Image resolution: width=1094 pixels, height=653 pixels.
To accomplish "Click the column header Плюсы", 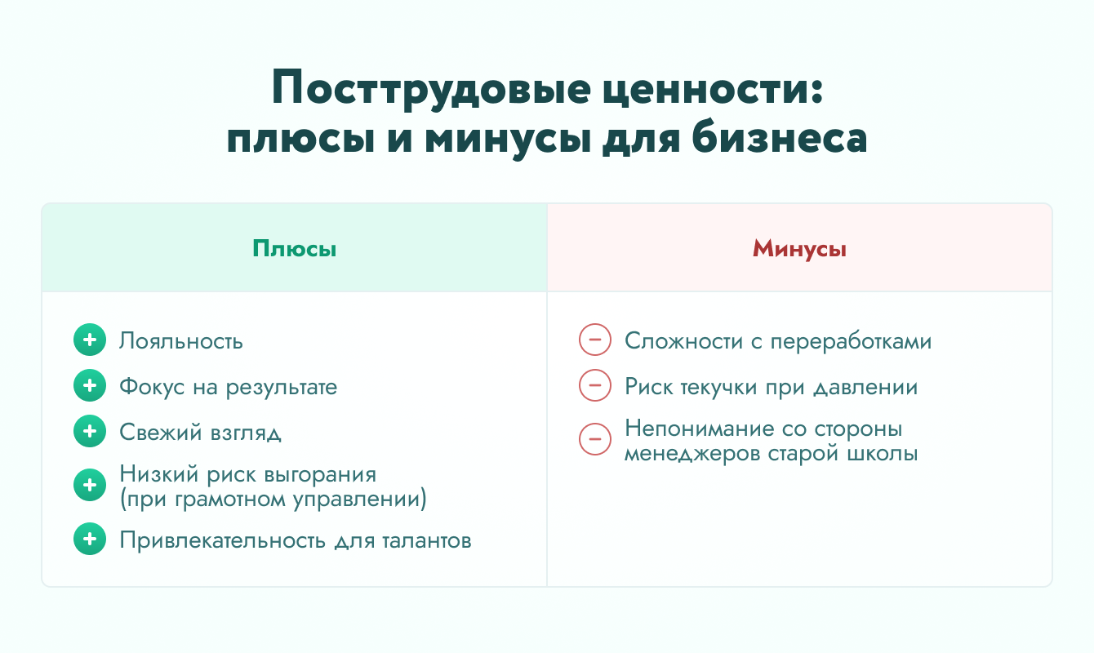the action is point(295,249).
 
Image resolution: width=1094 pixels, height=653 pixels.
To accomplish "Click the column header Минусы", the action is point(799,249).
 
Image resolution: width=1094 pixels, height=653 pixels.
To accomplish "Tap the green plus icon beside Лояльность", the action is point(90,340).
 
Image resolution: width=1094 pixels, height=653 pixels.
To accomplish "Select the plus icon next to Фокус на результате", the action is point(90,385).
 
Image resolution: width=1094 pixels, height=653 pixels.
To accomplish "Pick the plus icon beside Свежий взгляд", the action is point(90,431).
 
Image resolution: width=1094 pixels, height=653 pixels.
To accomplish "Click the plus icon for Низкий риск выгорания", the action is point(90,485).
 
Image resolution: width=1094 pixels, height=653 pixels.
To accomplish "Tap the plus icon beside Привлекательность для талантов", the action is point(90,539).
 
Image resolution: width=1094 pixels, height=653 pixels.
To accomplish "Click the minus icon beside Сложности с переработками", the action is point(595,340).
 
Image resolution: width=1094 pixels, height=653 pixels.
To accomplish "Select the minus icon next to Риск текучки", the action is point(595,385).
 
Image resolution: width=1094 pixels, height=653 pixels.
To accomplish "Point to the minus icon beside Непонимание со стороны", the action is point(595,438).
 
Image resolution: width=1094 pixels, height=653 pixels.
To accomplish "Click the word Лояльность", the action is point(181,341).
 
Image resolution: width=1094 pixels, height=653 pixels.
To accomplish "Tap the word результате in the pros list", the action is point(282,388).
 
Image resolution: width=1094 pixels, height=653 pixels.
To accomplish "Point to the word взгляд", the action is point(246,433).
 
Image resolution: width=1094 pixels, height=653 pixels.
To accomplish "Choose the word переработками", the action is point(851,341).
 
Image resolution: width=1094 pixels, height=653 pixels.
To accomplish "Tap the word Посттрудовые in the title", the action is point(431,88).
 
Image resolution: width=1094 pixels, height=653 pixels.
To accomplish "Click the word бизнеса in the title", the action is point(780,138).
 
